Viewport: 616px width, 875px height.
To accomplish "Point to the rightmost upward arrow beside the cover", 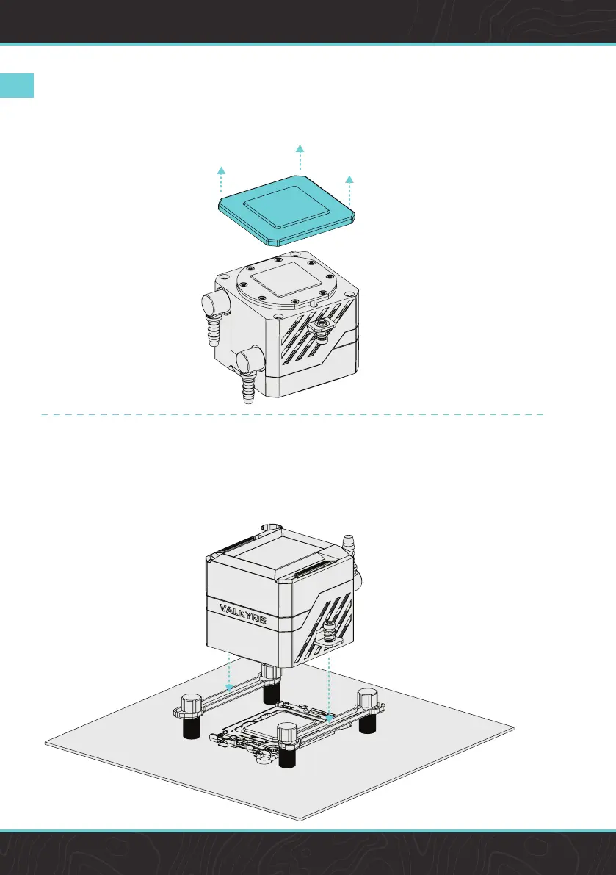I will [x=349, y=181].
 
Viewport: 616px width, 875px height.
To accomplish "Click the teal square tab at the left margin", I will [x=17, y=85].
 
